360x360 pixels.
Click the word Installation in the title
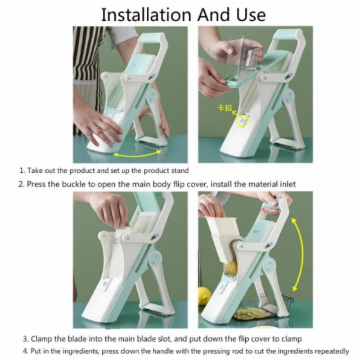pos(146,15)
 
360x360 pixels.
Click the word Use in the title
pos(251,15)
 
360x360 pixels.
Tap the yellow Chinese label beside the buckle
pos(225,108)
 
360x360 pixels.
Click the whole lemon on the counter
pos(204,296)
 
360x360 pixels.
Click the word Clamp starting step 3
pos(42,339)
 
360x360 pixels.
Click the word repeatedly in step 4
pos(332,351)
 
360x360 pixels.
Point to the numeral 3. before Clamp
pos(26,339)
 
